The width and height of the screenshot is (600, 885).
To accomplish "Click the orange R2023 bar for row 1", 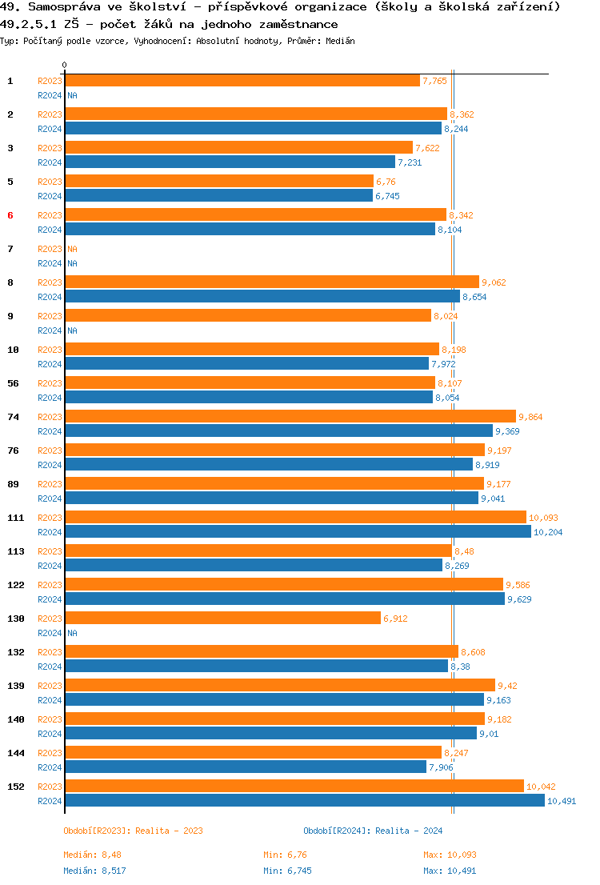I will click(242, 81).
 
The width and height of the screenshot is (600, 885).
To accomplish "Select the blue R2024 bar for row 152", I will click(304, 800).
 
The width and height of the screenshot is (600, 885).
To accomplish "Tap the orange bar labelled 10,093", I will click(295, 517).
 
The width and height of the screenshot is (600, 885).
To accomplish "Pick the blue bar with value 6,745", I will click(218, 195).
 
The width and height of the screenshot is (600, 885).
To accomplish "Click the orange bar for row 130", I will click(222, 618).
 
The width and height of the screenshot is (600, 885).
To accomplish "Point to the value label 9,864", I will click(530, 417).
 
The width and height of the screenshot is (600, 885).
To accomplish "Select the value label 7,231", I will click(410, 162).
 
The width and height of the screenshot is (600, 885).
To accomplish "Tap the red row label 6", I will click(10, 215).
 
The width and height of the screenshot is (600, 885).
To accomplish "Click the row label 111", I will click(16, 518).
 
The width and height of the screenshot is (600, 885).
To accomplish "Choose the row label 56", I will click(14, 383).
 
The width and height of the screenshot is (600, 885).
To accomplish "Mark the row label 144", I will click(16, 753).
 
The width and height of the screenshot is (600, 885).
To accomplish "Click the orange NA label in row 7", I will click(72, 249).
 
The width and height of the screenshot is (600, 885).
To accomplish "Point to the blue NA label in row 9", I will click(72, 330).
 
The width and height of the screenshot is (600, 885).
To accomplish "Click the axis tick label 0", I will click(65, 65).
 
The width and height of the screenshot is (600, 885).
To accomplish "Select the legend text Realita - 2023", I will click(169, 831).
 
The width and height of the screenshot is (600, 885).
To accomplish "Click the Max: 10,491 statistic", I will click(450, 871).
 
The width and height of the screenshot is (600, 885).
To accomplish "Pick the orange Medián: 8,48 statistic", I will click(92, 855).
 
